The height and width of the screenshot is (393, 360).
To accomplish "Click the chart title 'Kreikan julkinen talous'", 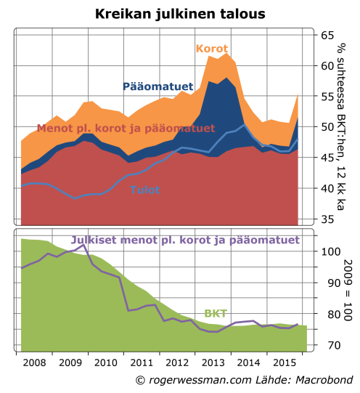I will (x=180, y=14).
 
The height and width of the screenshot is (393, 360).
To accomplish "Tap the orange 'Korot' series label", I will (x=212, y=49).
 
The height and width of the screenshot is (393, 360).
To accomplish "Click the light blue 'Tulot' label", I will (x=145, y=190).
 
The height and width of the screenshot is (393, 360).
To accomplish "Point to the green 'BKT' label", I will (x=216, y=313).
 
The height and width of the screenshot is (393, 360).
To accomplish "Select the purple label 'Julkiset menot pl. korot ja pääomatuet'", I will (x=185, y=240).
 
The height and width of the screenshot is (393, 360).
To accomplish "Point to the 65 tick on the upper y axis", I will (x=327, y=35).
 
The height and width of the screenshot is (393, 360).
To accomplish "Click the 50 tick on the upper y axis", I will (x=327, y=127).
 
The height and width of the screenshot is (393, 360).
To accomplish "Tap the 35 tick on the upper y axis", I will (x=327, y=219).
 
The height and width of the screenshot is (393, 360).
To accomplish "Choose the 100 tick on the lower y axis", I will (x=330, y=251).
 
